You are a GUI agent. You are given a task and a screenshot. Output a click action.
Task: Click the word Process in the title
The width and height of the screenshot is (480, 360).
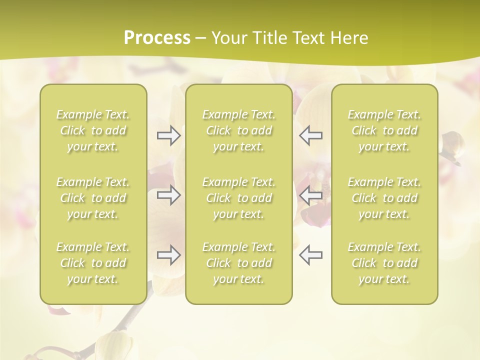point(157,38)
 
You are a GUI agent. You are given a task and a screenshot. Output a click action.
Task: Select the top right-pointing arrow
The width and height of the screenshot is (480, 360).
point(168,135)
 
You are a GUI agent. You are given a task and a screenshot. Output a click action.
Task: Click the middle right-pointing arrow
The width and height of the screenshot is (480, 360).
point(168,194)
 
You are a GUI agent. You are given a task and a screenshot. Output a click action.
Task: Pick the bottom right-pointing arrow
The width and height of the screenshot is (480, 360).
point(168,255)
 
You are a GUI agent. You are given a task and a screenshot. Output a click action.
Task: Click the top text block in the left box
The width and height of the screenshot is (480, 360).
point(93,130)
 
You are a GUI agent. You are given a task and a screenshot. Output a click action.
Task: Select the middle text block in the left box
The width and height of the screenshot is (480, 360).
point(93,198)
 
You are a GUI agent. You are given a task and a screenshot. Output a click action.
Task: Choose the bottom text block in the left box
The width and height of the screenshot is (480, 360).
point(93,263)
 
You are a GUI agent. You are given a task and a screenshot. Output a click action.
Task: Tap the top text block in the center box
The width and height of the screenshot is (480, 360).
point(239,130)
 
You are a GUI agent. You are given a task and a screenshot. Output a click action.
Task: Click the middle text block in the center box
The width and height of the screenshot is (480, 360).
point(239,198)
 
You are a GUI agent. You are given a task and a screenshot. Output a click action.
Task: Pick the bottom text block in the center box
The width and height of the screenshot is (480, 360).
point(239,263)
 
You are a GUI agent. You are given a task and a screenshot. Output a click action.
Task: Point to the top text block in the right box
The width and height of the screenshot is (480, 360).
point(384,130)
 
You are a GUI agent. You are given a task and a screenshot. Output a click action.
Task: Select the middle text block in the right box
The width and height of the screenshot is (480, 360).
point(384,198)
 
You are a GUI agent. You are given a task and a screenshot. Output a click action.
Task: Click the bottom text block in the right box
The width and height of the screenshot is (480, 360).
point(384,263)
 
